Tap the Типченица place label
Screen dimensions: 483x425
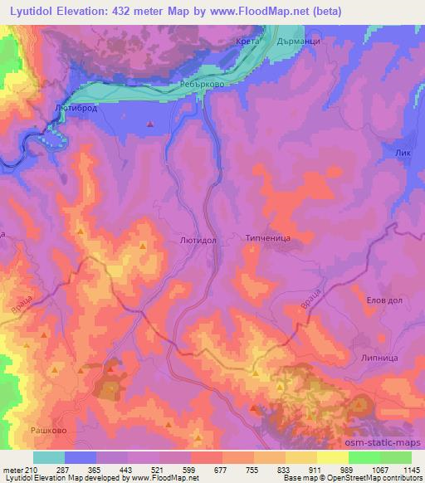[268, 237]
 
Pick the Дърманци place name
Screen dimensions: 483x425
[299, 41]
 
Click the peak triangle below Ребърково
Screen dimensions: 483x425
[149, 124]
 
